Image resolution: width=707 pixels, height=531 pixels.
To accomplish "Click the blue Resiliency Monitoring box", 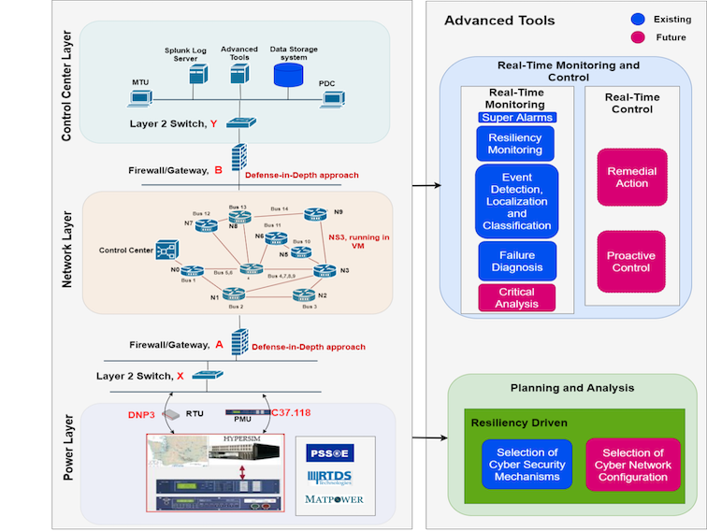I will coord(515,143).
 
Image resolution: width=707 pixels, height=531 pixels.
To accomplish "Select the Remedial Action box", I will coord(632,178).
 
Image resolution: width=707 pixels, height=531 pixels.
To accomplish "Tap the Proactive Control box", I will coord(632,262).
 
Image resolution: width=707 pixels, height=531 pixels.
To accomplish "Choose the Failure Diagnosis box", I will coord(516,261).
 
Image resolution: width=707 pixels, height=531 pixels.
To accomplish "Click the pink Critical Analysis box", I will coord(516,298).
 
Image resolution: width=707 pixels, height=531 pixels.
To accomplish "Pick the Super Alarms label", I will coord(516,118).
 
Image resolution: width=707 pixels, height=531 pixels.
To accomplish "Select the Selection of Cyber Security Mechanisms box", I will coord(527,465).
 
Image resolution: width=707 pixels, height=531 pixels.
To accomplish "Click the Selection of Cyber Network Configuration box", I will coord(633,465).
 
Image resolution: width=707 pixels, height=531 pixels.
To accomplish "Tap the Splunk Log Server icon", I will coord(197,76).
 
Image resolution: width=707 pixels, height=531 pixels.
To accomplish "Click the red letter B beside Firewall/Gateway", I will coord(218,170).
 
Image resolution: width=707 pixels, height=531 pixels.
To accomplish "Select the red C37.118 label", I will coord(292,411).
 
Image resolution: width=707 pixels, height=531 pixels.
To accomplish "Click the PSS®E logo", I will coord(336,452).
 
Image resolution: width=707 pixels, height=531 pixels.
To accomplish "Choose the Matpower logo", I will coord(336,499).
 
